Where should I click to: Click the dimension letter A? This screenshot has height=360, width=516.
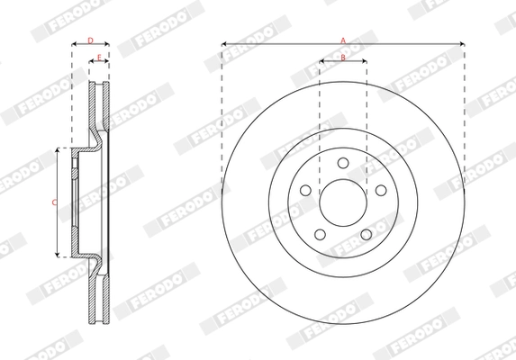343,39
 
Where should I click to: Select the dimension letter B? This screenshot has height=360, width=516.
343,58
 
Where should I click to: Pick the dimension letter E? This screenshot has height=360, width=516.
99,58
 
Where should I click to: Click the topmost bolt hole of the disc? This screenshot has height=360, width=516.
343,163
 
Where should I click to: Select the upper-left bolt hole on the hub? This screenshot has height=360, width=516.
306,190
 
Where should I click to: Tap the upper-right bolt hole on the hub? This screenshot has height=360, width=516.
380,190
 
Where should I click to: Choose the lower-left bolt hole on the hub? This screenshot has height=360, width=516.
321,234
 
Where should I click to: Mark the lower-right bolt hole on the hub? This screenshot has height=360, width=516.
366,234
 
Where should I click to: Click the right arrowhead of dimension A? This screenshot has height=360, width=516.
463,43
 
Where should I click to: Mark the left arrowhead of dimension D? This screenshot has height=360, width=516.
73,43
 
